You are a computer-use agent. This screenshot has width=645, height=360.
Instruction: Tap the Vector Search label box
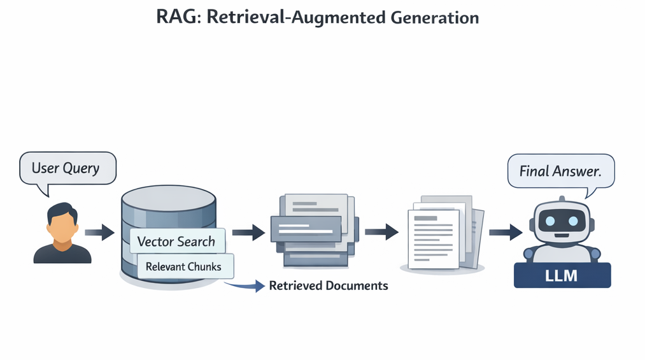pyautogui.click(x=176, y=241)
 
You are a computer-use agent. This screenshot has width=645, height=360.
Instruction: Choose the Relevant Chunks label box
pyautogui.click(x=185, y=266)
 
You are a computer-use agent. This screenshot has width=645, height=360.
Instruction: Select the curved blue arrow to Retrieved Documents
pyautogui.click(x=245, y=286)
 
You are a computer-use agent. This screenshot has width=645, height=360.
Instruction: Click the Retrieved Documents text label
pyautogui.click(x=329, y=285)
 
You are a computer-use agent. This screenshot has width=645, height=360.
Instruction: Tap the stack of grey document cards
pyautogui.click(x=312, y=229)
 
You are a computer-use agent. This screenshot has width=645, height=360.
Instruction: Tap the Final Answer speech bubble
pyautogui.click(x=560, y=171)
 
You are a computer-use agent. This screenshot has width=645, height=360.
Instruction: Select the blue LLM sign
pyautogui.click(x=562, y=275)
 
